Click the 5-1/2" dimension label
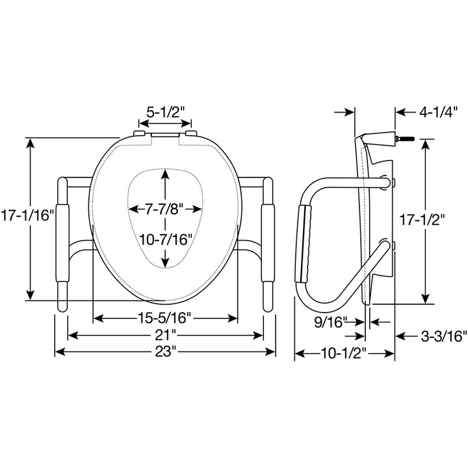tap(166, 111)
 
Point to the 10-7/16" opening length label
tap(166, 239)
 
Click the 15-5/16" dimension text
tap(165, 318)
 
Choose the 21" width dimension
tap(166, 335)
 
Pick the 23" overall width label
tap(166, 351)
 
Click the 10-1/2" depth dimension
tap(344, 354)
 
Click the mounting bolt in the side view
tap(407, 138)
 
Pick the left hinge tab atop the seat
tap(138, 134)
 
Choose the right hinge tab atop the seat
tap(191, 134)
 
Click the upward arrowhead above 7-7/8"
tap(166, 175)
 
